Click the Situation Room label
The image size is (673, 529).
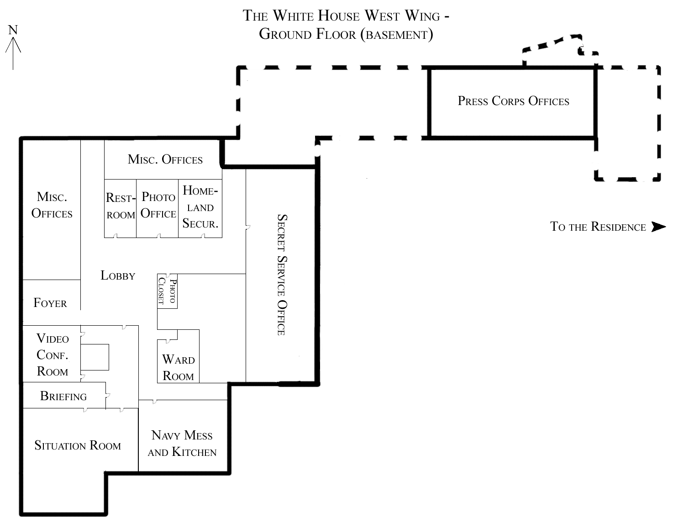pyautogui.click(x=78, y=445)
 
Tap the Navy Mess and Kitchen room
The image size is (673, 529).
pyautogui.click(x=183, y=436)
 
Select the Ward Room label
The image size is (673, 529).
pyautogui.click(x=179, y=368)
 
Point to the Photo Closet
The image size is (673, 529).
pyautogui.click(x=167, y=291)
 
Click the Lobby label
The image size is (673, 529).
pyautogui.click(x=118, y=275)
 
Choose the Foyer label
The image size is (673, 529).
pyautogui.click(x=50, y=302)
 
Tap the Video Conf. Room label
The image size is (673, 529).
pyautogui.click(x=53, y=354)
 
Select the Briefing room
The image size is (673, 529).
pyautogui.click(x=64, y=396)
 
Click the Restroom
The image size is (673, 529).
pyautogui.click(x=120, y=208)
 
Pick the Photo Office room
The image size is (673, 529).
pyautogui.click(x=158, y=208)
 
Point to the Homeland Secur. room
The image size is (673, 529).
pyautogui.click(x=200, y=208)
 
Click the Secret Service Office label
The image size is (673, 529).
pyautogui.click(x=282, y=275)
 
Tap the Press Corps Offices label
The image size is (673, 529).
pyautogui.click(x=513, y=101)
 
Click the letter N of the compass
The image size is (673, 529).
pyautogui.click(x=13, y=30)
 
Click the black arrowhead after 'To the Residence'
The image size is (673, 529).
pyautogui.click(x=658, y=227)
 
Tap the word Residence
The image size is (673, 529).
pyautogui.click(x=618, y=227)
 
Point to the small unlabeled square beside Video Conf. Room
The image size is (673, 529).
pyautogui.click(x=95, y=357)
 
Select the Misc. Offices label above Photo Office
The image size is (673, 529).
pyautogui.click(x=165, y=159)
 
